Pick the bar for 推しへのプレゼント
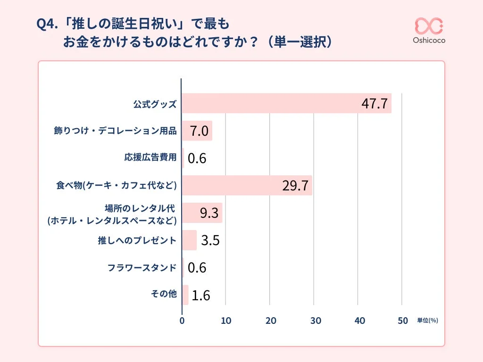pos(189,240)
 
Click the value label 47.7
pos(374,104)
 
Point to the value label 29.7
pos(295,186)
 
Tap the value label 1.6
pos(200,295)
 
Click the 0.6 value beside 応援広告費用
pos(197,158)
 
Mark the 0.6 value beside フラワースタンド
pos(197,268)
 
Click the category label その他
pos(163,295)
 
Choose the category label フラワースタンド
pos(142,268)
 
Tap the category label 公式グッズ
pos(155,104)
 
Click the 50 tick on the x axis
pos(402,321)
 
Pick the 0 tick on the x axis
pos(182,321)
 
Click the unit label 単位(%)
pos(427,321)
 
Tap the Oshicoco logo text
pos(429,41)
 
